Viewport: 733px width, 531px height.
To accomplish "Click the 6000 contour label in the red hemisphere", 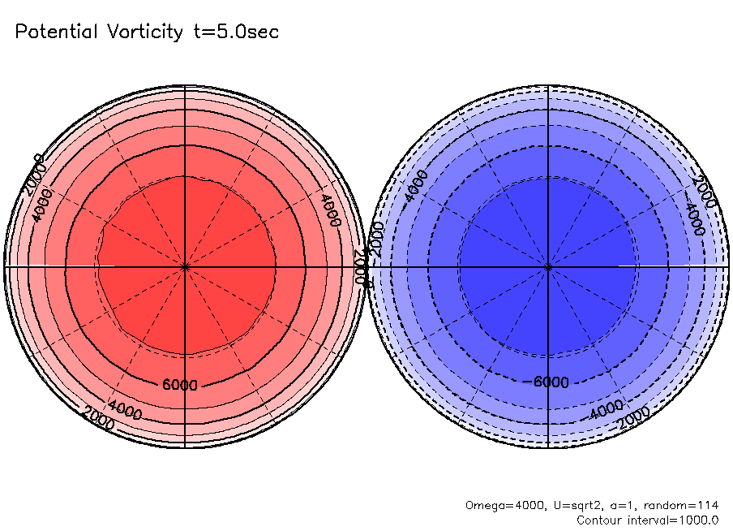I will (x=180, y=385).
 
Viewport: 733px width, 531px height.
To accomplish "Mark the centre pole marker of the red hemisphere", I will (x=186, y=266).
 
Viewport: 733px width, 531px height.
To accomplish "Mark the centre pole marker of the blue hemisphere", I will (x=549, y=266).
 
